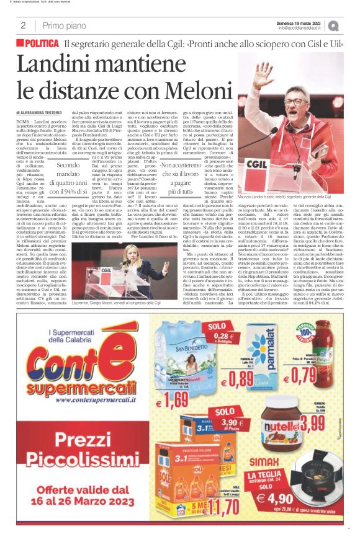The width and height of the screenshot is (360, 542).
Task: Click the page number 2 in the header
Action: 22,25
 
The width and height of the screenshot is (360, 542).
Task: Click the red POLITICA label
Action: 42,44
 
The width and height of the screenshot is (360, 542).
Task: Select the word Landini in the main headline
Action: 68,64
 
